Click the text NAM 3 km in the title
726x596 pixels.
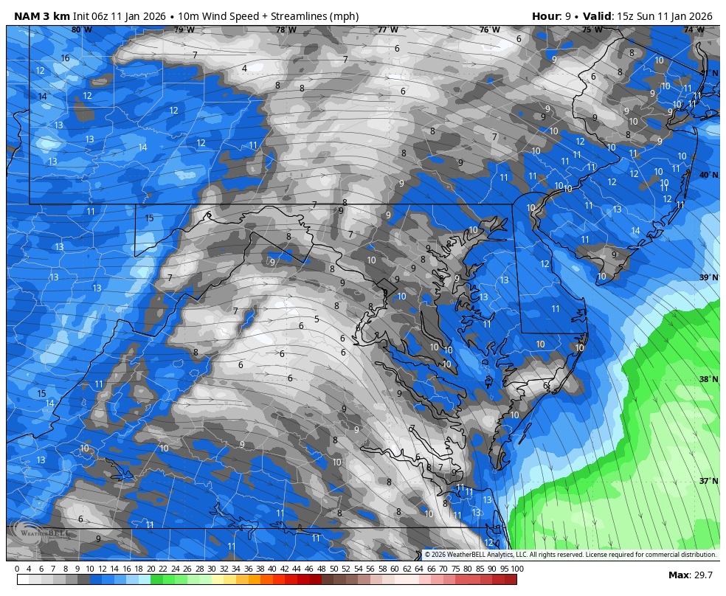[x=42, y=16]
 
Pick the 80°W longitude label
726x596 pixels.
[x=82, y=30]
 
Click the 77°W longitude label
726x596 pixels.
[x=387, y=30]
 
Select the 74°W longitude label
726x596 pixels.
[x=693, y=30]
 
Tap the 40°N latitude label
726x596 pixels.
[x=708, y=176]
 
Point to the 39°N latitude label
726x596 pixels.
[x=708, y=277]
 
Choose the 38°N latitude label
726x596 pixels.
[x=708, y=379]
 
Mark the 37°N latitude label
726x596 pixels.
[x=708, y=481]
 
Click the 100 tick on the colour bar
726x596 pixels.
[x=517, y=569]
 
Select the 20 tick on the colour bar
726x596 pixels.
[x=151, y=569]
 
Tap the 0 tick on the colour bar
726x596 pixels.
[x=17, y=569]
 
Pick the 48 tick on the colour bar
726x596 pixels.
[x=321, y=569]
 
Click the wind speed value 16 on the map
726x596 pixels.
[x=65, y=58]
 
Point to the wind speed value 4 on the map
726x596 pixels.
[x=244, y=69]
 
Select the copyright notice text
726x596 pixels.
[x=570, y=555]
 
